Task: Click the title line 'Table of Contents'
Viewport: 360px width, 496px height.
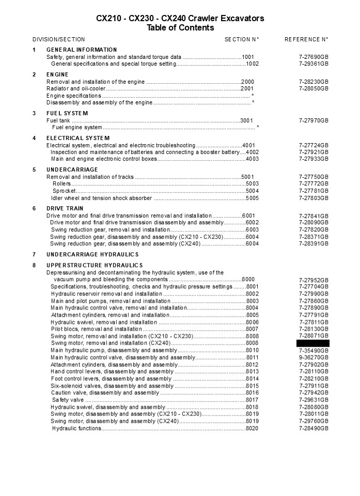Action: tap(180, 28)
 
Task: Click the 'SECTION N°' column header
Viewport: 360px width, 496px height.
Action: tap(242, 39)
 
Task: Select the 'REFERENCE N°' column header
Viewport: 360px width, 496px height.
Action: tap(306, 39)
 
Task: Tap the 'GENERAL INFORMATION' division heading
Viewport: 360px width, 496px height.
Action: tap(82, 50)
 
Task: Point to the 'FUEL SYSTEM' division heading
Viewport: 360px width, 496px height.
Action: tap(67, 113)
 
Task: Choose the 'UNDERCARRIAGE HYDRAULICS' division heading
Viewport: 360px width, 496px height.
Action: tap(92, 254)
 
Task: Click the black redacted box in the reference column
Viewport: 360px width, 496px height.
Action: tap(312, 343)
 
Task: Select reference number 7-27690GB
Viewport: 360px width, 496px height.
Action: tap(314, 57)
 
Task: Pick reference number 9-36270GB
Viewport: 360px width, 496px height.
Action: tap(314, 357)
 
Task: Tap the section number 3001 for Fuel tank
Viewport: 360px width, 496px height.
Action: tap(247, 120)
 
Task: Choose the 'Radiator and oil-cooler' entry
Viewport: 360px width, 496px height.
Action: tap(76, 89)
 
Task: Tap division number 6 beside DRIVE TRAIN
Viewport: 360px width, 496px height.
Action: tap(34, 209)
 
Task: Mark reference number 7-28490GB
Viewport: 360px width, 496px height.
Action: tap(314, 428)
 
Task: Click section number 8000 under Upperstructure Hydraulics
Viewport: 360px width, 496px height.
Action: tap(248, 280)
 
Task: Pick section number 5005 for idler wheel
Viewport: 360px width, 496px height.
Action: tap(252, 198)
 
